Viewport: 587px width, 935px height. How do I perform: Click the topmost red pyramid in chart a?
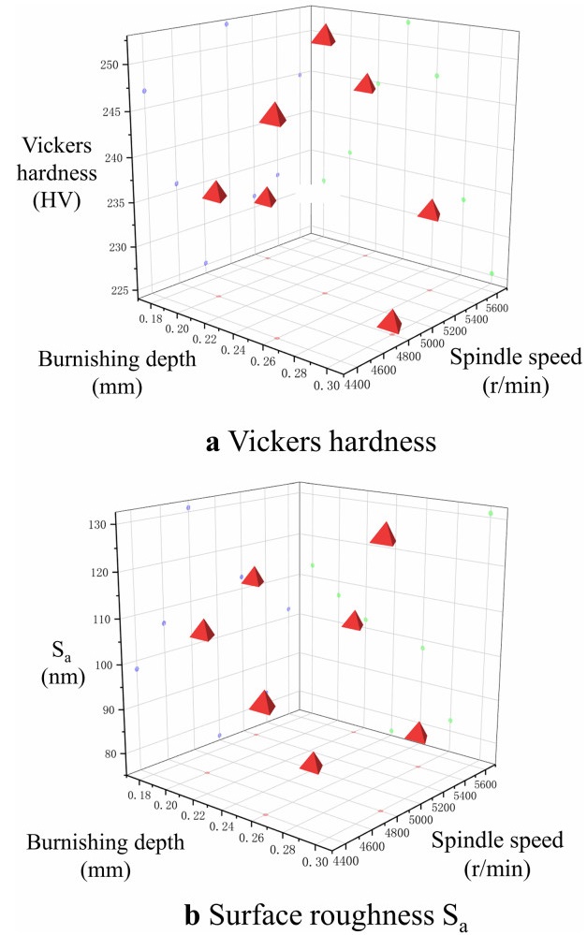[x=324, y=36]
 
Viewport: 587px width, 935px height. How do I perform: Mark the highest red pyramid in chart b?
[x=383, y=534]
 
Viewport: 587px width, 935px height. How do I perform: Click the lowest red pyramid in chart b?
[x=315, y=763]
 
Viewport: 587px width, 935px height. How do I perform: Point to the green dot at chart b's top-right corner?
[x=490, y=513]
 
